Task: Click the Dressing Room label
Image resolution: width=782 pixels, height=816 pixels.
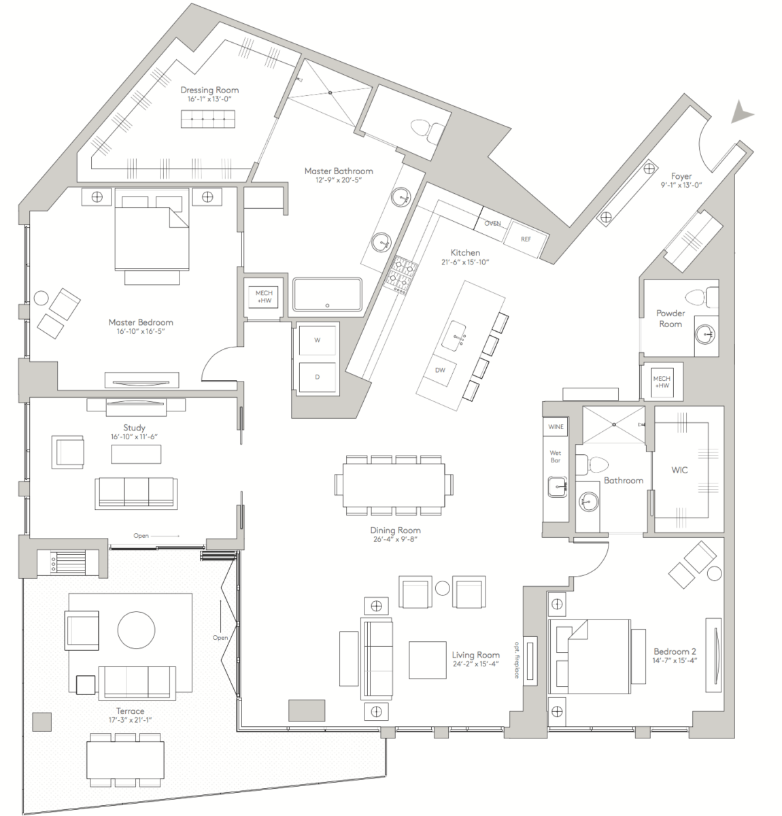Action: coord(209,90)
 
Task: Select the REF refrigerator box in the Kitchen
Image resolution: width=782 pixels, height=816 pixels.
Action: coord(526,239)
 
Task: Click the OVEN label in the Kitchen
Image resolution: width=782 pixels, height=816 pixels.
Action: coord(492,223)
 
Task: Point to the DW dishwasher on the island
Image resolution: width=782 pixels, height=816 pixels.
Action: coord(440,370)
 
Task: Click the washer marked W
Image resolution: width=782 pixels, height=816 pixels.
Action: coord(317,340)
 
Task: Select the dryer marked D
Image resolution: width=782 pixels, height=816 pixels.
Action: coord(317,376)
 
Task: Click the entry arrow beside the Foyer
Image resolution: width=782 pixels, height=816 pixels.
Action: coord(742,113)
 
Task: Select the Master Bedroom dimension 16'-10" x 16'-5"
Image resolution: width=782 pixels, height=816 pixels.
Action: coord(141,332)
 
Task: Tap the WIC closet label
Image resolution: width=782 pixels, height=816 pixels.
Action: coord(679,470)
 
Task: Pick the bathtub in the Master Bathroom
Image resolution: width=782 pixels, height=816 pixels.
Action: coord(328,294)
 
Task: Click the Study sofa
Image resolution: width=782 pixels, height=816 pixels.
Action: coord(136,493)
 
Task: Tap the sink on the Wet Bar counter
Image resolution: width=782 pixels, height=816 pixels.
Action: coord(558,487)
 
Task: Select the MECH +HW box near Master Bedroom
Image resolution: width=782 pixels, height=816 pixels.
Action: coord(263,297)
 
